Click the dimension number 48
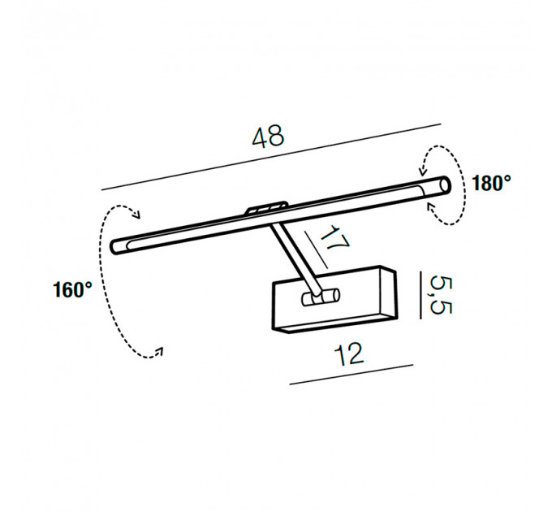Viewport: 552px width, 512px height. (268, 137)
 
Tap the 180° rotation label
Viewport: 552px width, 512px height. (491, 183)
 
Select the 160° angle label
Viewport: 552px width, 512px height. (72, 290)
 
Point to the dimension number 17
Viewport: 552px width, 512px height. (334, 239)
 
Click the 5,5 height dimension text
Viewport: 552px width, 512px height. (441, 295)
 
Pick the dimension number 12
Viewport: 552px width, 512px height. (348, 354)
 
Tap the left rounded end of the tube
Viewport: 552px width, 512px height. (116, 246)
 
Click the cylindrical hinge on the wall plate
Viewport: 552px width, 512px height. (321, 297)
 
